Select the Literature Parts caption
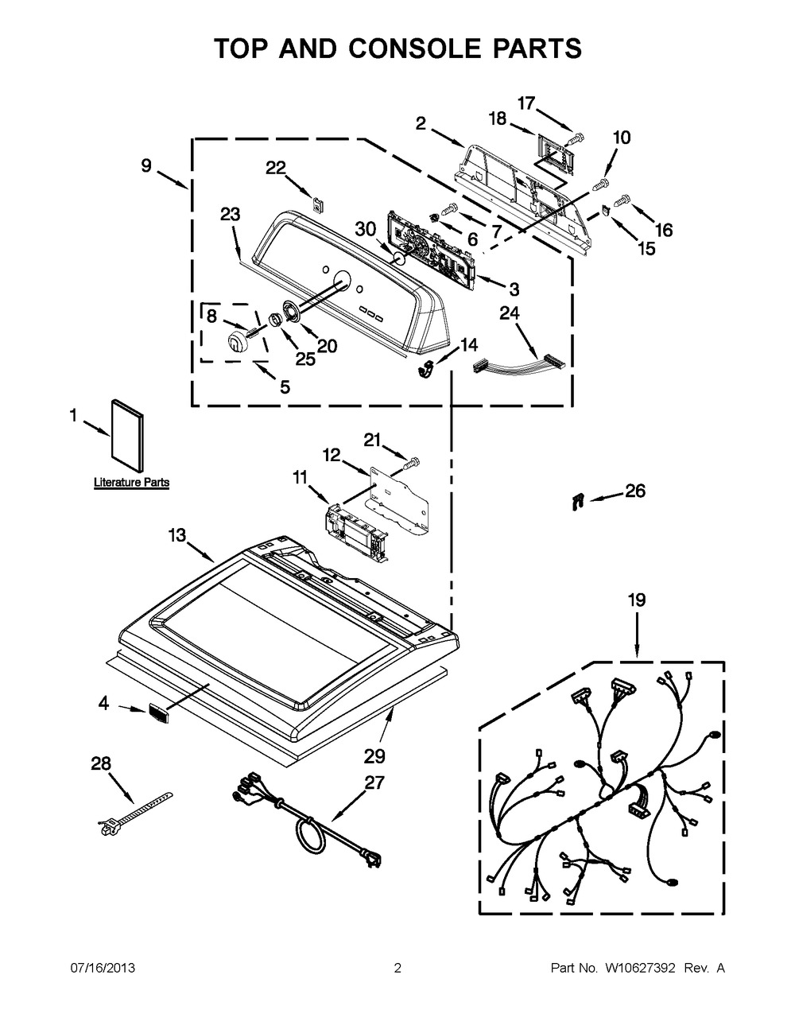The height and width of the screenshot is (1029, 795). (131, 483)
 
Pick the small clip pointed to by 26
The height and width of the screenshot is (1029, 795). (577, 501)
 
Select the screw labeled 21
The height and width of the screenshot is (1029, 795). (413, 460)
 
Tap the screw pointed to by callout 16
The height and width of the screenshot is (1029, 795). (622, 192)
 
